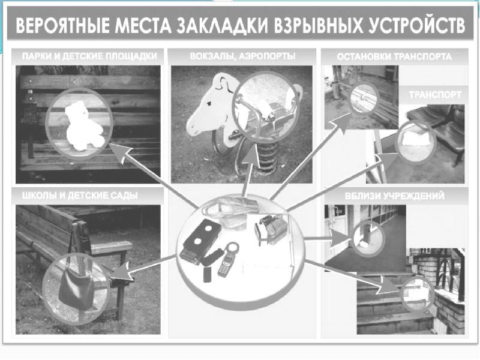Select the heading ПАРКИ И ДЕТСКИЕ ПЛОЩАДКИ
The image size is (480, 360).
pyautogui.click(x=89, y=56)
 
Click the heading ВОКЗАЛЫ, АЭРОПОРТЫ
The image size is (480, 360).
pyautogui.click(x=242, y=56)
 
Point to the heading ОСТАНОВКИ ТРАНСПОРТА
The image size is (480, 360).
pyautogui.click(x=394, y=56)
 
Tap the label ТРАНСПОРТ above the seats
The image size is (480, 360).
pyautogui.click(x=435, y=95)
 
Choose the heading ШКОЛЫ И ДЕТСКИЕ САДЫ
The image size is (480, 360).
pyautogui.click(x=80, y=196)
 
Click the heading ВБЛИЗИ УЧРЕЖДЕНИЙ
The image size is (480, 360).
pyautogui.click(x=395, y=196)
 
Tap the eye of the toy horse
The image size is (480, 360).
pyautogui.click(x=209, y=103)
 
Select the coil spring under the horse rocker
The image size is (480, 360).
pyautogui.click(x=268, y=156)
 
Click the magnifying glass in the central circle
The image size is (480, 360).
pyautogui.click(x=233, y=249)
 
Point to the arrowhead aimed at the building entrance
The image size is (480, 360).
pyautogui.click(x=339, y=238)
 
